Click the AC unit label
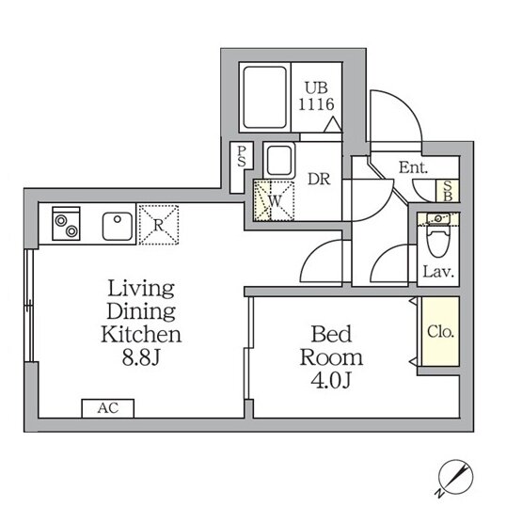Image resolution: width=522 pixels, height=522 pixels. pyautogui.click(x=108, y=408)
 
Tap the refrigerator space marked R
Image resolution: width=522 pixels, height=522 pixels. pyautogui.click(x=159, y=225)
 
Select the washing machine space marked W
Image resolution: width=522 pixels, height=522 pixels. pyautogui.click(x=274, y=200)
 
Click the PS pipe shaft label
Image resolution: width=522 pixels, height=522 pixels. pyautogui.click(x=242, y=156)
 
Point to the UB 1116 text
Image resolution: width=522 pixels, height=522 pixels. pyautogui.click(x=316, y=96)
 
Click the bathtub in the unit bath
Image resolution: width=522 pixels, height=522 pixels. pyautogui.click(x=265, y=97)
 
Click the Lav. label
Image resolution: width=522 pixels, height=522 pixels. pyautogui.click(x=438, y=273)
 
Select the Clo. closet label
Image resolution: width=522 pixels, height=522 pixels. pyautogui.click(x=440, y=332)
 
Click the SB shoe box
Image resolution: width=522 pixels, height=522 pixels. pyautogui.click(x=448, y=191)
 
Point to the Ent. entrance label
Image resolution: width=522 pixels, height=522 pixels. pyautogui.click(x=413, y=167)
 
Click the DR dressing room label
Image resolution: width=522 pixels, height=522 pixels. pyautogui.click(x=319, y=179)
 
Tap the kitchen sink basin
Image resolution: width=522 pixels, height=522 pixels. pyautogui.click(x=118, y=227)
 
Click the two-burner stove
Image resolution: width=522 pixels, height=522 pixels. pyautogui.click(x=66, y=224)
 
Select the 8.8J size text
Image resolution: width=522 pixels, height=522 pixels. pyautogui.click(x=141, y=358)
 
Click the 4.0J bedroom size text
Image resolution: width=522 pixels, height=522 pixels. pyautogui.click(x=331, y=381)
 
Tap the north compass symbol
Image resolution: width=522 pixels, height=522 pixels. pyautogui.click(x=455, y=478)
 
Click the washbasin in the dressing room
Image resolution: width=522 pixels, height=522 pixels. pyautogui.click(x=279, y=161)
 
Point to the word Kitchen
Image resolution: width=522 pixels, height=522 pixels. pyautogui.click(x=141, y=335)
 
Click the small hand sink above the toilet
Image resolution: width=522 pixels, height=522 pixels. pyautogui.click(x=439, y=218)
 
